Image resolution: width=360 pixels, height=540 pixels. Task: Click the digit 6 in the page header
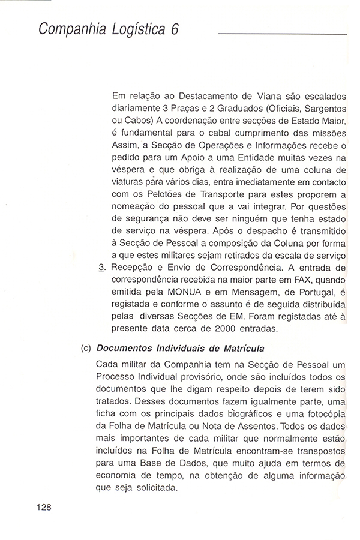pyautogui.click(x=175, y=31)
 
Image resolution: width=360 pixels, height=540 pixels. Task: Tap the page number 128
pyautogui.click(x=45, y=507)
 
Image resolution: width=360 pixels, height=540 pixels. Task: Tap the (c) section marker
pyautogui.click(x=86, y=349)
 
